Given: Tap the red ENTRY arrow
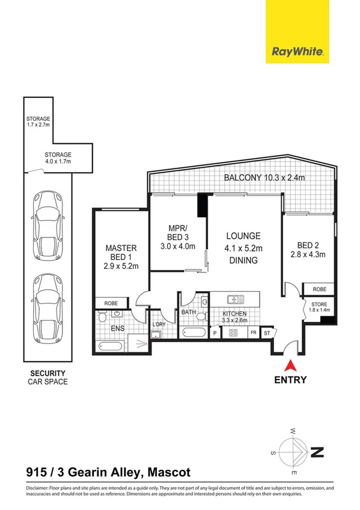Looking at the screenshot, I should click(290, 364).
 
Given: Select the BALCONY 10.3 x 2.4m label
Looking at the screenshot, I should click(264, 177).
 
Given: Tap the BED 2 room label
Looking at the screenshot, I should click(311, 249).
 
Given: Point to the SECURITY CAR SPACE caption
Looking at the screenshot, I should click(47, 377).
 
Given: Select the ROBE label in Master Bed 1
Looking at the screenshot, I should click(112, 303).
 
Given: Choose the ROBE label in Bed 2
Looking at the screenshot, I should click(319, 289).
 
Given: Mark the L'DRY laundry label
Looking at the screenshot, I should click(159, 325).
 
